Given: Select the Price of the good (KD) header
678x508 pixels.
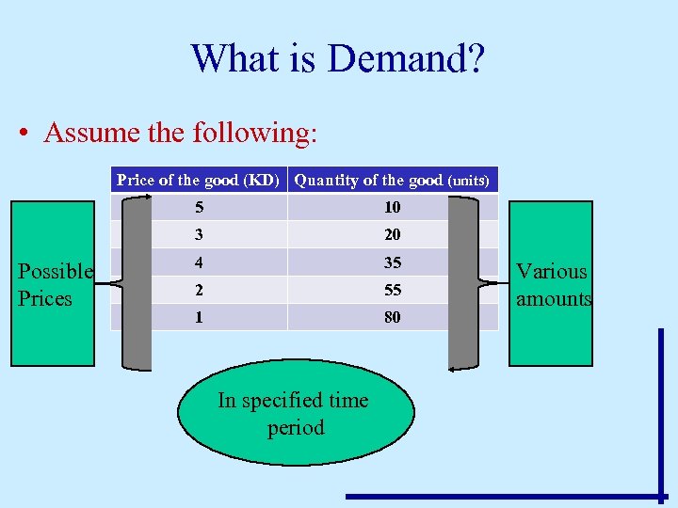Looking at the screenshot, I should point(198,180).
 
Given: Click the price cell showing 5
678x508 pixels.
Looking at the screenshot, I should point(199,207).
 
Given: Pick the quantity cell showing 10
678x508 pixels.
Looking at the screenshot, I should point(392,207).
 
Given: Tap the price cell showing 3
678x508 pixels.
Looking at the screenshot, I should point(199,234).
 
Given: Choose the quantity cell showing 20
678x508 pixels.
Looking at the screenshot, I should point(392,234).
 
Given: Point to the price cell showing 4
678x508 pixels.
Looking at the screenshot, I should point(199,262).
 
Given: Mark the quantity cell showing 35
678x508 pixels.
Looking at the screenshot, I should point(392,262).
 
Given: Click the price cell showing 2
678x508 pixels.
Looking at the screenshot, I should point(199,290).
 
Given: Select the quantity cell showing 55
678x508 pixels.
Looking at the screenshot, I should point(392,290).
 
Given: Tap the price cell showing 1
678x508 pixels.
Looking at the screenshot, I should point(199,317).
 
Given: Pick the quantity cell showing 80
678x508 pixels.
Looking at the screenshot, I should point(392,317).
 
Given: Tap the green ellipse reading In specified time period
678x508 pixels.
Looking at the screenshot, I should point(295,414).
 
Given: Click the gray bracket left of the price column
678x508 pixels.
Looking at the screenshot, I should point(137,282).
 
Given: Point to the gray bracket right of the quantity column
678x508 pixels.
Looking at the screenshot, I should point(462,282).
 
